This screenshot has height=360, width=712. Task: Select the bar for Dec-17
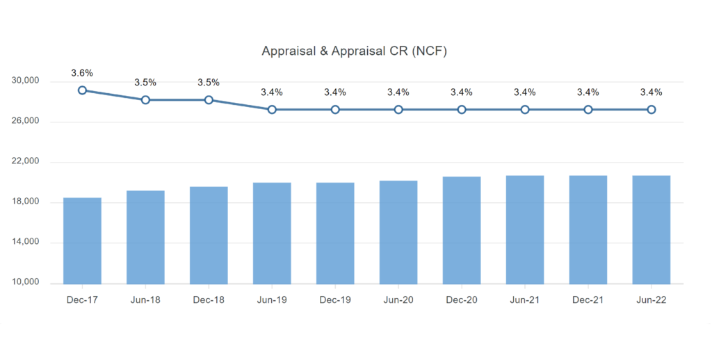82,240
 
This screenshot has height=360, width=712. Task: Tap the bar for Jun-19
272,233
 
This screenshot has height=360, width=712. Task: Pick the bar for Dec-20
462,230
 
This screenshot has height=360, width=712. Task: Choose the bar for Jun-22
652,229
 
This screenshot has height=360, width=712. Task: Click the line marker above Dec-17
82,90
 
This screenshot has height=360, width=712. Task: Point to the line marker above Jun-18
145,100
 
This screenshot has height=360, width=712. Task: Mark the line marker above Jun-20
398,110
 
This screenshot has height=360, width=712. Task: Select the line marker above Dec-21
588,110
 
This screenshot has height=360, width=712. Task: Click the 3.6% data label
82,73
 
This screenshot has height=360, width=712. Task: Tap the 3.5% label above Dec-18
209,83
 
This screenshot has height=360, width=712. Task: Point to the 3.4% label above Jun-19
272,92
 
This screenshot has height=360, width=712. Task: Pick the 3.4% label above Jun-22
652,92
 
